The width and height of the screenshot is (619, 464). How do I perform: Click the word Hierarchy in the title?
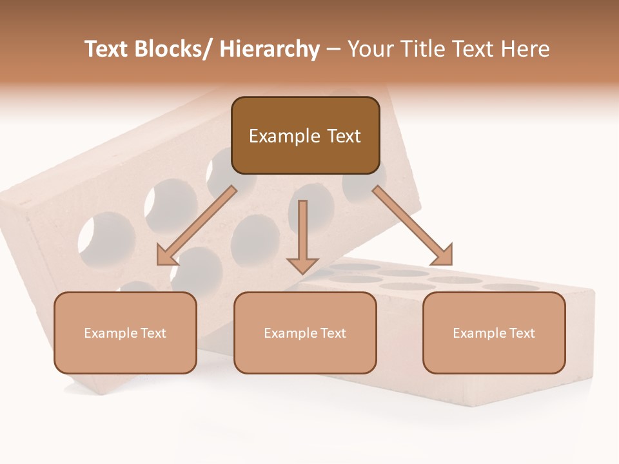click(x=270, y=49)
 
